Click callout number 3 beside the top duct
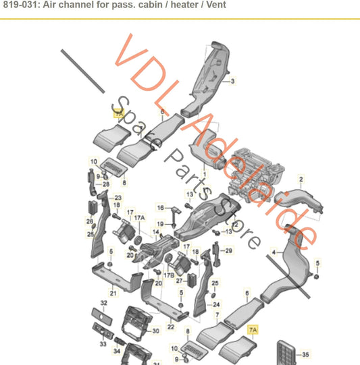coord(233,82)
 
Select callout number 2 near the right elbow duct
coord(301,179)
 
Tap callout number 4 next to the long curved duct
coord(274,252)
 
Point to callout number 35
coord(306,354)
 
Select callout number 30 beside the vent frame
coord(155,331)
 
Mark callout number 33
coord(103,344)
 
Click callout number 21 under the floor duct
coord(113,293)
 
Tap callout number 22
coord(171,327)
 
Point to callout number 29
coord(228,251)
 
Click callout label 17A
coord(140,218)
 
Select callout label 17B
coord(168,276)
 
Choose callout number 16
coord(160,208)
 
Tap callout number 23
coord(118,198)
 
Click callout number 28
coord(106,184)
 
